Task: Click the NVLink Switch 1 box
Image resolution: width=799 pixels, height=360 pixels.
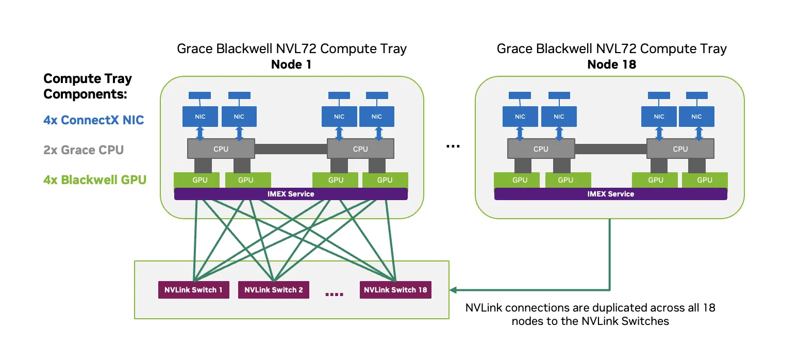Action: [193, 290]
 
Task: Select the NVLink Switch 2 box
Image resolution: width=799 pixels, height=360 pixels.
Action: [273, 290]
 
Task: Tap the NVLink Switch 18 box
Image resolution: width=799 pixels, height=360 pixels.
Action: [395, 290]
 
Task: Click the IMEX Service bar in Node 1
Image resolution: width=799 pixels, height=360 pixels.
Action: [291, 194]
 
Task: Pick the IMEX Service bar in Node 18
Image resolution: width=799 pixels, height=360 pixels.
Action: [610, 194]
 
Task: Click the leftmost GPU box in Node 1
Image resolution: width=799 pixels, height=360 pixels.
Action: [196, 180]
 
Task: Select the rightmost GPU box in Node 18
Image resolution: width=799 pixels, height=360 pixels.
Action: [704, 180]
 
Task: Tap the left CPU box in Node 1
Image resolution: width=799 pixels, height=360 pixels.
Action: [221, 149]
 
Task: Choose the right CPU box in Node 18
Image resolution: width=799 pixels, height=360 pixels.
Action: [680, 149]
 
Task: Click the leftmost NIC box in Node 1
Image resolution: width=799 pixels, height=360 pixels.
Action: [201, 117]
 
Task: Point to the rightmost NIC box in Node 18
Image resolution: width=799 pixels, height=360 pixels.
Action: [696, 117]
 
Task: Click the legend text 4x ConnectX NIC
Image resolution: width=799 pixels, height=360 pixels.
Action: [94, 120]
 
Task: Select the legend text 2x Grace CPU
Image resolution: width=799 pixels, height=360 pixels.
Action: [84, 150]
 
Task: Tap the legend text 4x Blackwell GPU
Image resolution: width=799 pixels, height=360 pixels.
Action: [95, 180]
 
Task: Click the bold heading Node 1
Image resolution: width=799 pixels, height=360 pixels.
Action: [291, 64]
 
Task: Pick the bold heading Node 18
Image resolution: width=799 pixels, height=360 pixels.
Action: [611, 64]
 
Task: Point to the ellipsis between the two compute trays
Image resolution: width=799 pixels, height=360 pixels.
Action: [453, 146]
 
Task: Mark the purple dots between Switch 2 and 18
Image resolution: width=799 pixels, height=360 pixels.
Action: [334, 294]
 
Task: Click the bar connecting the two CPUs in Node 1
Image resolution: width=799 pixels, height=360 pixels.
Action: [291, 149]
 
